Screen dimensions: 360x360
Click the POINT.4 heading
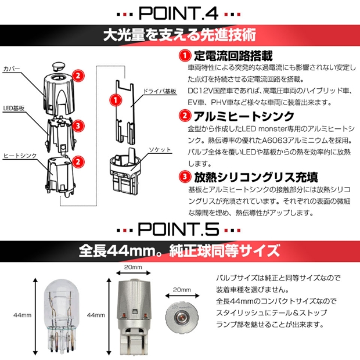click(178, 13)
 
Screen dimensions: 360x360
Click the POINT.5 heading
click(178, 229)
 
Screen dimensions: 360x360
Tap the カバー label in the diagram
click(12, 69)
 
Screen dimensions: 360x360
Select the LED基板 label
click(14, 108)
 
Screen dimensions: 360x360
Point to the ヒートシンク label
click(20, 156)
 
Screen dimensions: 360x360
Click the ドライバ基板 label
click(160, 91)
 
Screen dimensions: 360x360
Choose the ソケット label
click(160, 150)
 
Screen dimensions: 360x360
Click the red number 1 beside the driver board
click(116, 100)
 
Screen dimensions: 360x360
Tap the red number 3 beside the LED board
click(78, 126)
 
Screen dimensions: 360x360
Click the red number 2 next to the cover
click(78, 75)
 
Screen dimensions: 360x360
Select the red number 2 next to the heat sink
click(78, 162)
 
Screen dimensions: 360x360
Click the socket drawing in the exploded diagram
click(124, 171)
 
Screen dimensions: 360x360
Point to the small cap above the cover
click(58, 66)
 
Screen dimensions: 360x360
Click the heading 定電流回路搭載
click(233, 56)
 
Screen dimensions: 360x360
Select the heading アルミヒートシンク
click(244, 116)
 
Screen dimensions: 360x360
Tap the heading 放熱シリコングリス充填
click(256, 177)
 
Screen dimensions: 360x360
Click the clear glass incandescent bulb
click(60, 316)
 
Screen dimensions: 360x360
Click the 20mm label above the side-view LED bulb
click(133, 267)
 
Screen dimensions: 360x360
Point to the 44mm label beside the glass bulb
click(22, 315)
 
